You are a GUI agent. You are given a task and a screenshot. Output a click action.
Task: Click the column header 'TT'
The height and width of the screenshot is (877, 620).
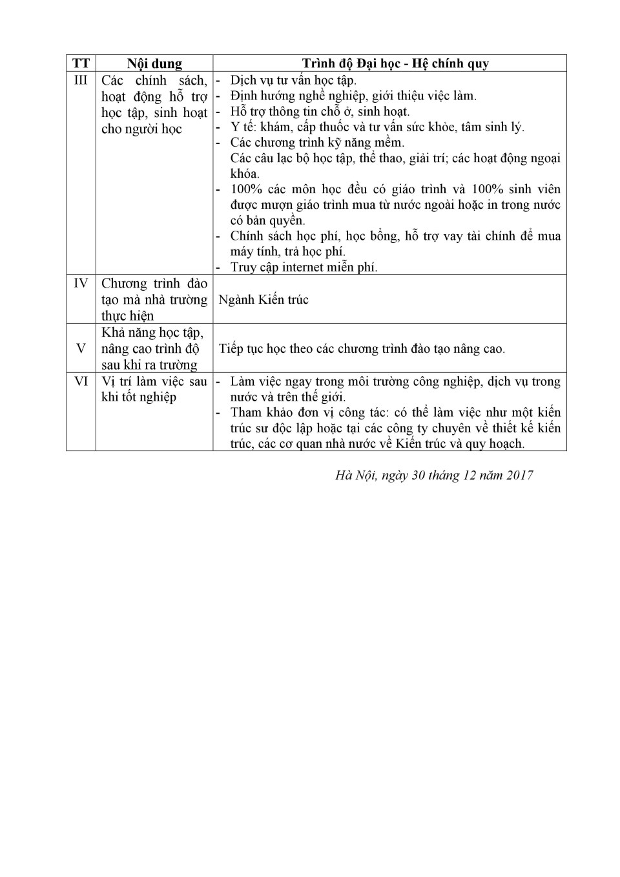pos(81,63)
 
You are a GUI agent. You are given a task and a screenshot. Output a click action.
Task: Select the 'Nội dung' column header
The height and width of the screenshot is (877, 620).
pos(154,63)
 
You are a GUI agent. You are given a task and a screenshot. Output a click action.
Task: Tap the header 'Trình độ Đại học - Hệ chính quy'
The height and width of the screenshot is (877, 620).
pos(395,63)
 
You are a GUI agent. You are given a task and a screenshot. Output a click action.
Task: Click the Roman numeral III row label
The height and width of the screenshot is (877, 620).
pos(81,80)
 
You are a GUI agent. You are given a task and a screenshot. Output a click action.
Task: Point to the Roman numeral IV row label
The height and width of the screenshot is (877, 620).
pos(81,283)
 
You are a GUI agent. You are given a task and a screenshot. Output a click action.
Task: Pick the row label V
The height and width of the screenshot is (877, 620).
pos(81,348)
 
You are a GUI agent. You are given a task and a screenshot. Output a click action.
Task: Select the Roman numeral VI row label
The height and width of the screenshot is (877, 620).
pos(81,381)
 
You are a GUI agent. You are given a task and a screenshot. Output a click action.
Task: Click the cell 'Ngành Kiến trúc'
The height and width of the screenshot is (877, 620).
pos(263,299)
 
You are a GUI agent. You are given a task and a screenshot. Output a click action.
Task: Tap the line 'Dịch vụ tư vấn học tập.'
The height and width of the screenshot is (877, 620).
pos(293,80)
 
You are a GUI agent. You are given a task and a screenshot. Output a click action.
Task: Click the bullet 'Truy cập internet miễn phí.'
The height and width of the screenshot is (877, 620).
pos(304,267)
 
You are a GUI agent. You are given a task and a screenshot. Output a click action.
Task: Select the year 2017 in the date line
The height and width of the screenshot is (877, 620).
pos(520,475)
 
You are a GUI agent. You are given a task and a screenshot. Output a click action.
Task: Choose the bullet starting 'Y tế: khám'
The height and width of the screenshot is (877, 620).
pos(377,127)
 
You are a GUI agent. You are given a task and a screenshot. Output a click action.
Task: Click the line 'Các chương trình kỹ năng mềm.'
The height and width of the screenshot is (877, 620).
pos(317,142)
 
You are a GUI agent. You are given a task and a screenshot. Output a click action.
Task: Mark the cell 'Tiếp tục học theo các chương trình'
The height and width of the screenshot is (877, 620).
pos(362,348)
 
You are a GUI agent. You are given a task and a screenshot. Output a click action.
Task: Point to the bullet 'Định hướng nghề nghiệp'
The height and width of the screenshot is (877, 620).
pos(353,96)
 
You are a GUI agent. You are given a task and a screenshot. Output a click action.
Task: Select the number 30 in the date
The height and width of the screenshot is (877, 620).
pos(417,475)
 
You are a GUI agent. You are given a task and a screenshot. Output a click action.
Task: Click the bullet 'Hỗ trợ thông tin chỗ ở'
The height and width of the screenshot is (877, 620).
pos(320,111)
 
